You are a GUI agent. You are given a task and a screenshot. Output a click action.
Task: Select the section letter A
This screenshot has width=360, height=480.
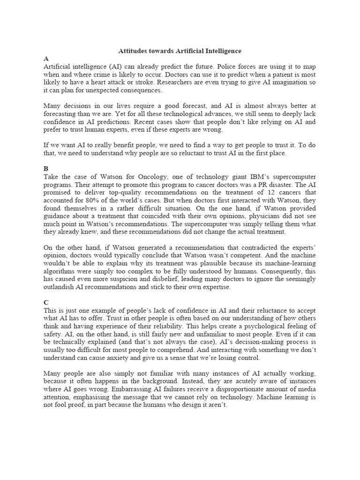coord(46,59)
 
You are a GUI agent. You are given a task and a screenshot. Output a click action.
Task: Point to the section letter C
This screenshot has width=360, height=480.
coord(46,303)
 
